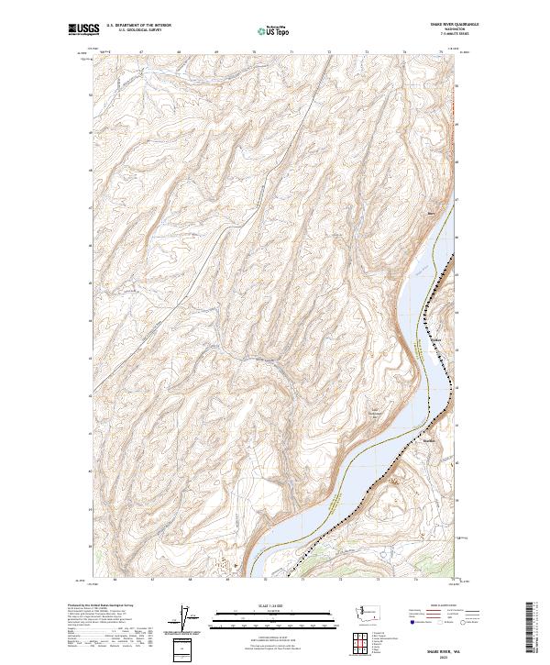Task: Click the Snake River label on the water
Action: [418, 272]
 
